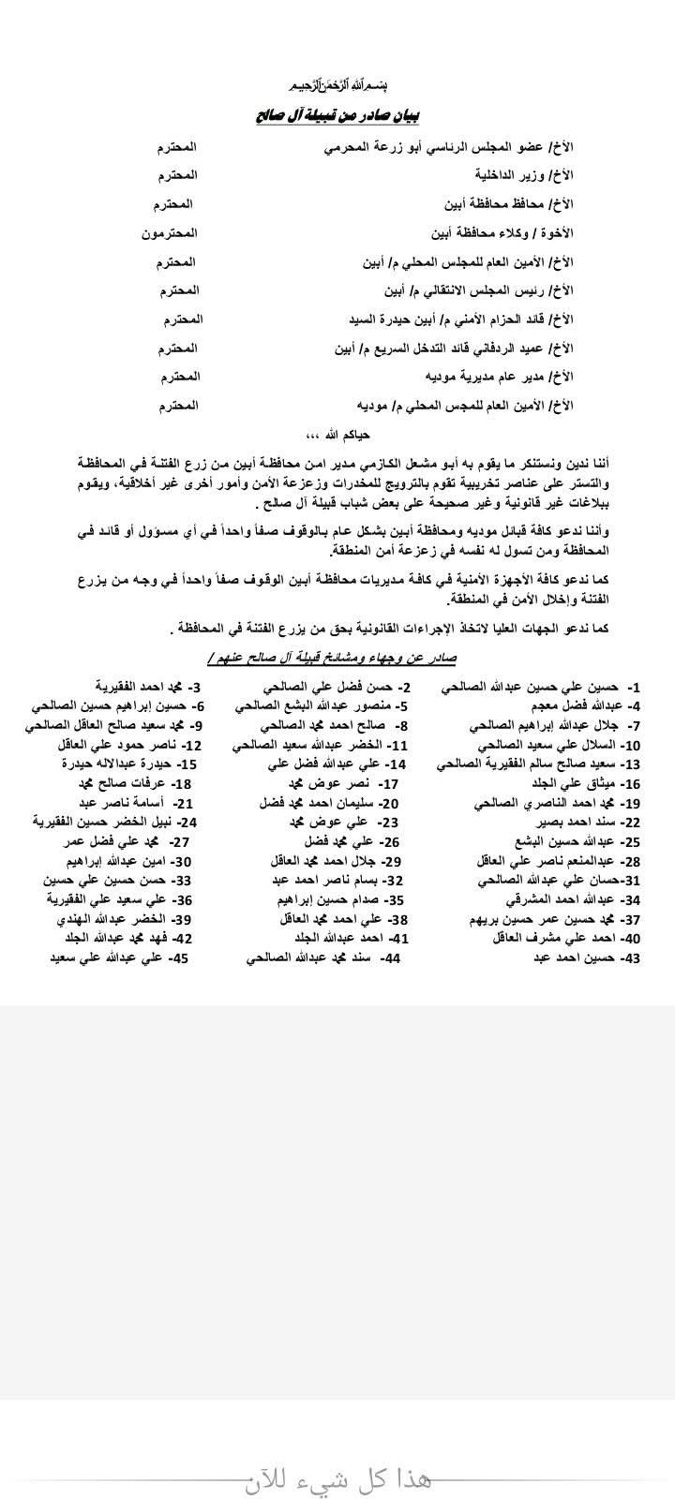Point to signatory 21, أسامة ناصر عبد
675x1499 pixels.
tap(131, 803)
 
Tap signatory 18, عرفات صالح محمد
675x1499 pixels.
tap(131, 783)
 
